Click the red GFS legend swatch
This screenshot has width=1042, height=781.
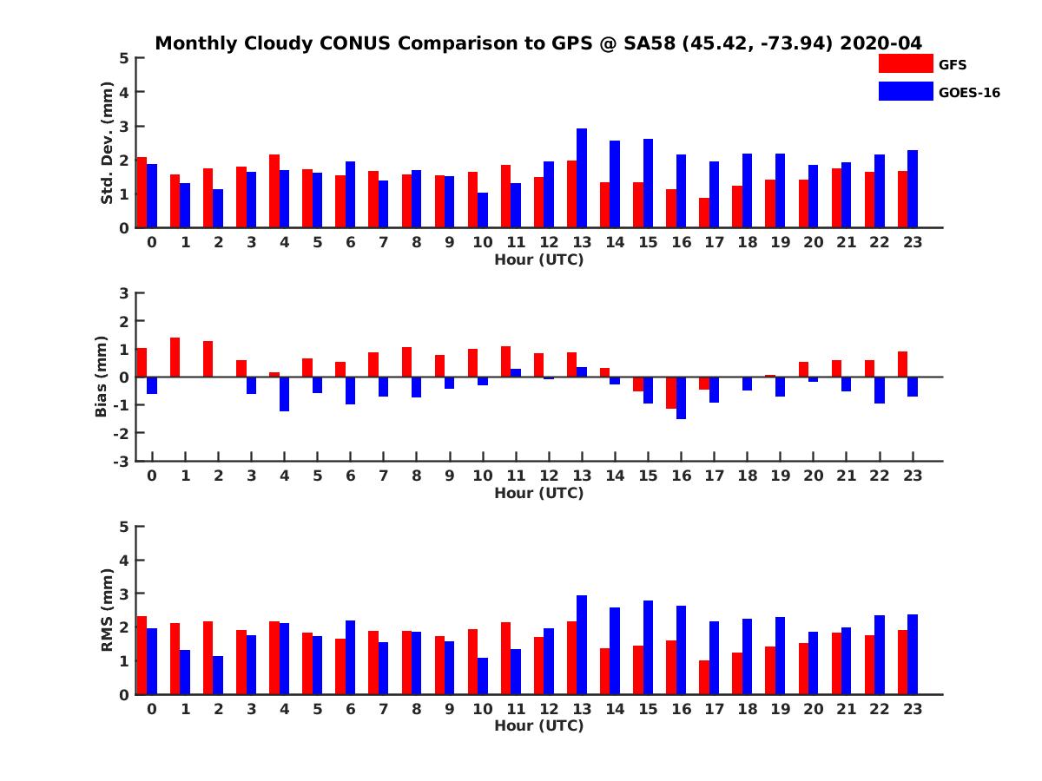tap(905, 63)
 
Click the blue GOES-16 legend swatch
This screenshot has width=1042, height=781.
tap(905, 91)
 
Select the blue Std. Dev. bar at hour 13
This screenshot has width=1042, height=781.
tap(582, 178)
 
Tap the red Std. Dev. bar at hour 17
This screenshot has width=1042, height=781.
tap(704, 213)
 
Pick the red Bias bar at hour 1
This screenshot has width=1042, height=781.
tap(175, 357)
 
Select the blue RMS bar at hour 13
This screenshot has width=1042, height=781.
tap(582, 645)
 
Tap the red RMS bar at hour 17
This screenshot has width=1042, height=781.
tap(704, 677)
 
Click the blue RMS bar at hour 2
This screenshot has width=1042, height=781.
tap(218, 675)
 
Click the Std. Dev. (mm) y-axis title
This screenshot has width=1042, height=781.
tap(108, 143)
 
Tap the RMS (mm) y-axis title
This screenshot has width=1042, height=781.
tap(108, 610)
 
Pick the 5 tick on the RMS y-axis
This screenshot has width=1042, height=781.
tap(124, 527)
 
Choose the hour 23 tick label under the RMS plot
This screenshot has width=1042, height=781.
tap(913, 709)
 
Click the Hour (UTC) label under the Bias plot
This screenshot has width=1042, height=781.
tap(539, 493)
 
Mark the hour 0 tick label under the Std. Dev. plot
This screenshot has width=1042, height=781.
tap(152, 242)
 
